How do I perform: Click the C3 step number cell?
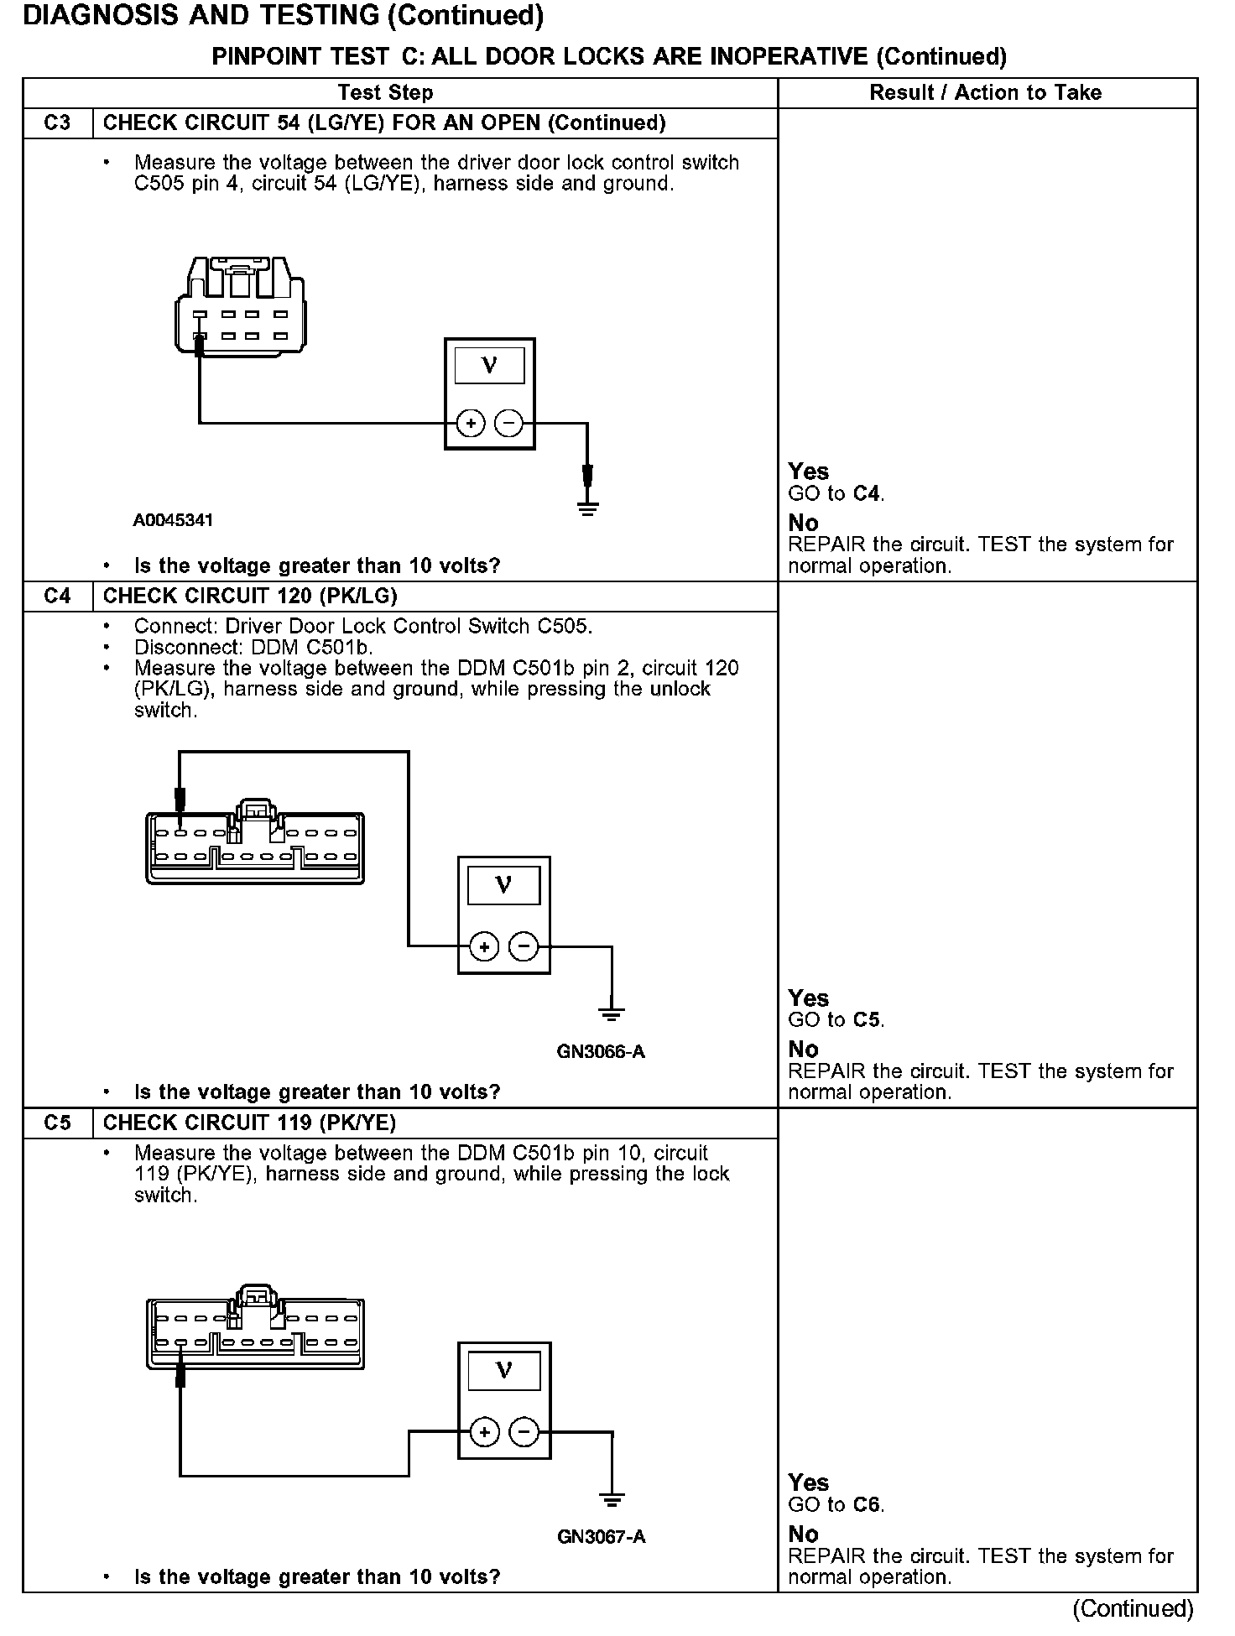(57, 123)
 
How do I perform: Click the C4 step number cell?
(57, 597)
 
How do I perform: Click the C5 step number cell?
(57, 1123)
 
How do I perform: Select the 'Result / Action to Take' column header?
(986, 93)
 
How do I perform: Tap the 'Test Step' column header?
(386, 93)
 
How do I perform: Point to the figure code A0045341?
(173, 520)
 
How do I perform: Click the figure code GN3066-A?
(601, 1052)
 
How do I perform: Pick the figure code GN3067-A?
(601, 1537)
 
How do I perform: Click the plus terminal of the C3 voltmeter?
(471, 424)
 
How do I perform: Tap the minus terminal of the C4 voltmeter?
(524, 947)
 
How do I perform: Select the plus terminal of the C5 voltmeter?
(484, 1432)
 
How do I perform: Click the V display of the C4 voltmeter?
(503, 886)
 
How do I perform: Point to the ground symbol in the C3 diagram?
(587, 507)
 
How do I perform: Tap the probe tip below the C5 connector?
(180, 1377)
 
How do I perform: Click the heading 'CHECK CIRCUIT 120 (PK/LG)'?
(250, 597)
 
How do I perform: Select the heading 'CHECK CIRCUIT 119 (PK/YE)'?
(249, 1123)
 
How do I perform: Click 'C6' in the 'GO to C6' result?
(868, 1505)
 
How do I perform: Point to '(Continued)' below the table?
(1132, 1608)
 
